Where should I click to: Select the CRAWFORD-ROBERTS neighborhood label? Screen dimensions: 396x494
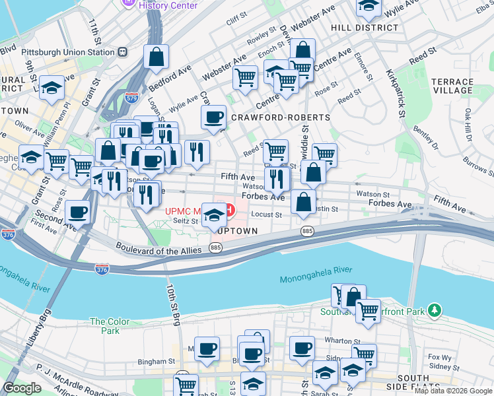point(281,117)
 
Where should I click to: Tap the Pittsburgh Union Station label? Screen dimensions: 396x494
point(58,51)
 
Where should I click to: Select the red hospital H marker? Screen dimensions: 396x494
point(229,211)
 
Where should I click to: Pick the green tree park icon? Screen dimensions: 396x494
point(434,310)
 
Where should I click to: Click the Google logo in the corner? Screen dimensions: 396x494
point(23,388)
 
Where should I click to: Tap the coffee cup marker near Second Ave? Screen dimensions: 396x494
point(78,212)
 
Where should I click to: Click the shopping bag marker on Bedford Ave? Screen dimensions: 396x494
point(157,57)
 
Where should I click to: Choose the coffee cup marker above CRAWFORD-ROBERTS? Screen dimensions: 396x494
point(213,117)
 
